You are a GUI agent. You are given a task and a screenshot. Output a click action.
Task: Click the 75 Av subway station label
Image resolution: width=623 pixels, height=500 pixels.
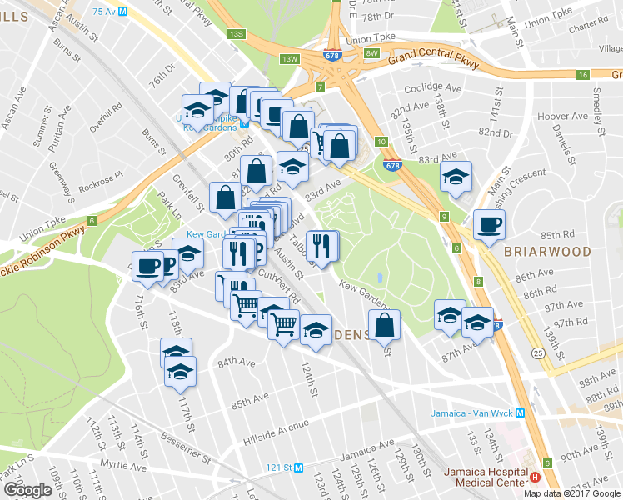[109, 11]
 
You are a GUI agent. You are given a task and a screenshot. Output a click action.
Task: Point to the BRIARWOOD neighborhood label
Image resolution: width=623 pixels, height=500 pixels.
[547, 251]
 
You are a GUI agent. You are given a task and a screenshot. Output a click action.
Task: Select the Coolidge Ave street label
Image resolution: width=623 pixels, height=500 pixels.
[432, 88]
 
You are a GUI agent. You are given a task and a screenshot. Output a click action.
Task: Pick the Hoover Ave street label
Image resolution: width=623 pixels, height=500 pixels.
[557, 117]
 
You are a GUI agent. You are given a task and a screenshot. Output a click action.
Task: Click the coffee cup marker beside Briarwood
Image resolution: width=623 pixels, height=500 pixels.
[489, 224]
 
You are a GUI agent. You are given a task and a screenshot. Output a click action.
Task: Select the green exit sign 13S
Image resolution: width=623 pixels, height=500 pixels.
[237, 33]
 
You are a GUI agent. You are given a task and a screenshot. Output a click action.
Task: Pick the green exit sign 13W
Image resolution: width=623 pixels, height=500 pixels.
[289, 59]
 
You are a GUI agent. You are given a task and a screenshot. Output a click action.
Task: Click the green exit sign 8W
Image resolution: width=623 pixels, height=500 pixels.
[371, 53]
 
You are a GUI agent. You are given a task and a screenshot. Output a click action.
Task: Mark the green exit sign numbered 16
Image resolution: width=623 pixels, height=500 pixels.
[583, 75]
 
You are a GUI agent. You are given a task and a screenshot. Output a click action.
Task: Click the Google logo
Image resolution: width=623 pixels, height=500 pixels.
[27, 490]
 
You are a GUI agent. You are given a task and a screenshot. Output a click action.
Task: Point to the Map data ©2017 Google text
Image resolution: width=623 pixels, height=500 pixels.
[571, 492]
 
